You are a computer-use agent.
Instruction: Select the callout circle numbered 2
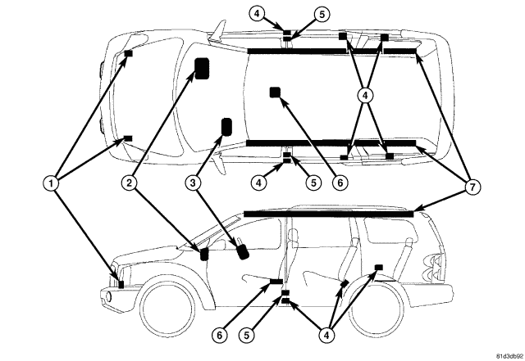pos(129,183)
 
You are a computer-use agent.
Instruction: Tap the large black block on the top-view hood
pos(201,70)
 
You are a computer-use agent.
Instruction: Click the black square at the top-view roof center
pos(275,92)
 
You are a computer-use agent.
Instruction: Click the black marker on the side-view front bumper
pos(121,284)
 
